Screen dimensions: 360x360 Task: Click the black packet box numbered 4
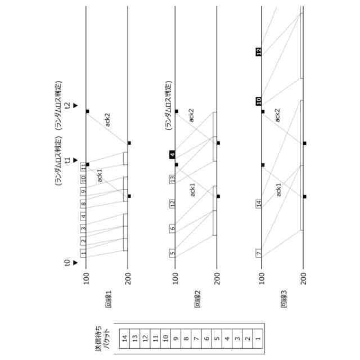[173, 154]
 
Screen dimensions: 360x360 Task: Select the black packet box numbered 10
[259, 101]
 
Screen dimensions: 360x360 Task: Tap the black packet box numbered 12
[259, 52]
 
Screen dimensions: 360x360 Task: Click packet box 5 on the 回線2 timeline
[173, 253]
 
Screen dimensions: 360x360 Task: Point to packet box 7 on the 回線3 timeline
[259, 253]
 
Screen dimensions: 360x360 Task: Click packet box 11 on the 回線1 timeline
[83, 166]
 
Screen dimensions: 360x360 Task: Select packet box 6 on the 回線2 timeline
[173, 228]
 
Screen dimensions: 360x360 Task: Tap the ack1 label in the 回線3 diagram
[278, 190]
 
